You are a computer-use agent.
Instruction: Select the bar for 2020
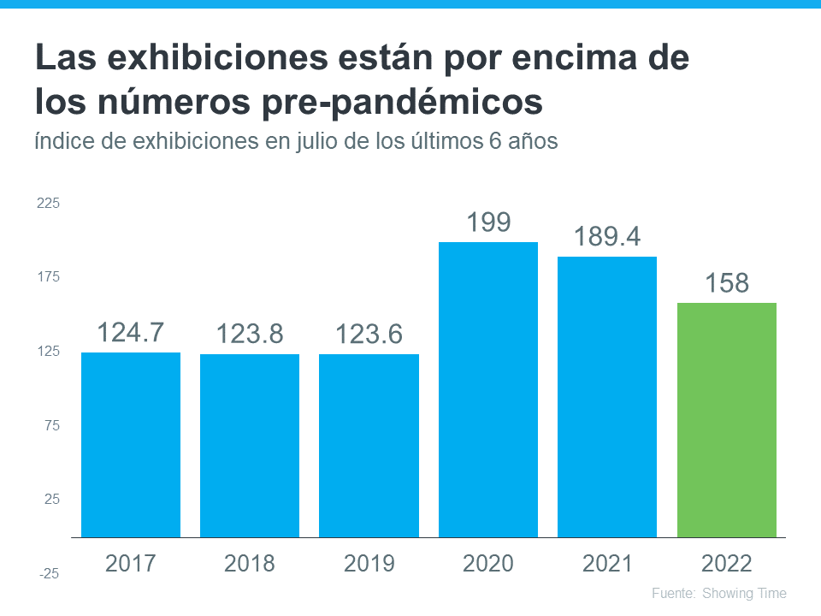[x=488, y=389]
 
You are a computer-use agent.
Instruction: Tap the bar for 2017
[x=131, y=444]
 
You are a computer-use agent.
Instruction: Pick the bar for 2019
[x=369, y=445]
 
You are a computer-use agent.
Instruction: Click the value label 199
[x=488, y=222]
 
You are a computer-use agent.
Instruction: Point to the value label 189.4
[x=607, y=237]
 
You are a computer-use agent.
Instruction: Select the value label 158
[x=726, y=283]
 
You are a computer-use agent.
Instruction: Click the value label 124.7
[x=131, y=332]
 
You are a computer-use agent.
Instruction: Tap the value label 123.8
[x=250, y=334]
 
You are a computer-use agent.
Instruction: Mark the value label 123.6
[x=369, y=334]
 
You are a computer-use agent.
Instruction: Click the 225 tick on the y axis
[x=48, y=204]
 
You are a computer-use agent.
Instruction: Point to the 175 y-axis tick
[x=48, y=277]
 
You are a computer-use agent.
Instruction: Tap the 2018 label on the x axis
[x=250, y=564]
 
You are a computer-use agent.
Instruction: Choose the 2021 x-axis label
[x=607, y=564]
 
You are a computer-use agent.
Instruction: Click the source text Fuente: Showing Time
[x=718, y=593]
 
